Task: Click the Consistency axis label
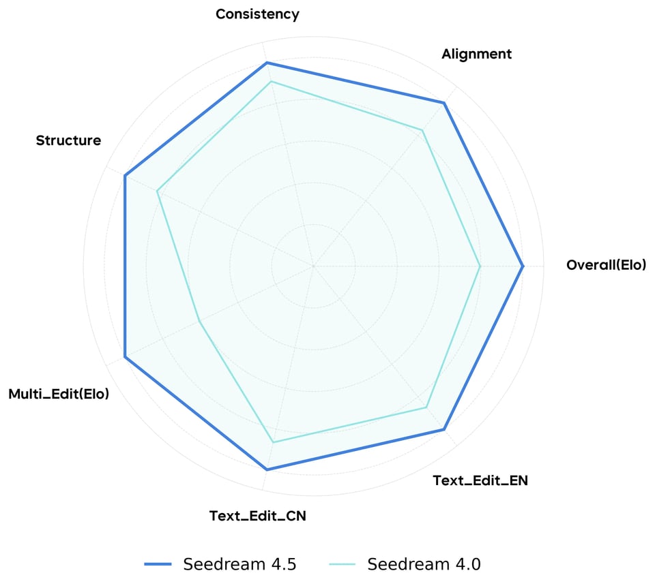coord(257,14)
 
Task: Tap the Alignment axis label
coord(476,55)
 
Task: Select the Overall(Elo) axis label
coord(605,265)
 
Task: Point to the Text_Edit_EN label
coord(480,480)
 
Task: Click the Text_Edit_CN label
coord(257,516)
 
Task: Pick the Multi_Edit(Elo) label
coord(59,394)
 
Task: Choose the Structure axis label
coord(68,141)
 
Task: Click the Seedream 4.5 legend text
coord(239,564)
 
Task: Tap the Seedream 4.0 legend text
coord(424,564)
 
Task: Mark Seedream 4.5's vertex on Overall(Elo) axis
coord(523,266)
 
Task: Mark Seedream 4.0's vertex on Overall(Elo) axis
coord(480,266)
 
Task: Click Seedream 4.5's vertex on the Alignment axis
coord(444,103)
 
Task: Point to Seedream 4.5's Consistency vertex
coord(267,63)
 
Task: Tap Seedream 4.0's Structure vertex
coord(158,191)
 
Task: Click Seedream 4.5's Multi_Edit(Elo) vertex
coord(125,357)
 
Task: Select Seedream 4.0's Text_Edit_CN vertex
coord(273,443)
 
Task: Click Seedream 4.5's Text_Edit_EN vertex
coord(444,429)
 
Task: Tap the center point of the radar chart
coord(313,266)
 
